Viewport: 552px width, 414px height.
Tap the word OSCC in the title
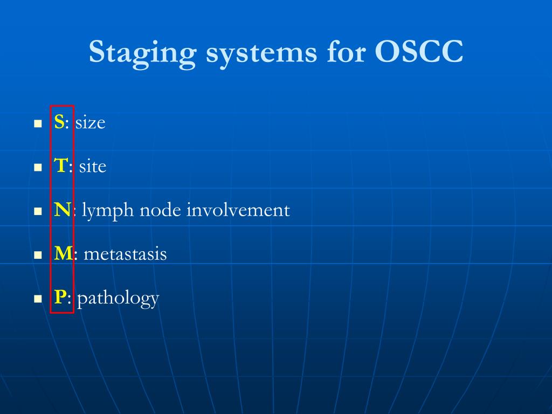(419, 53)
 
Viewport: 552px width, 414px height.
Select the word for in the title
(346, 53)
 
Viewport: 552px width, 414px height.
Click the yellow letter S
(59, 122)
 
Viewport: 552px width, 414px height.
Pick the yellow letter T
(60, 166)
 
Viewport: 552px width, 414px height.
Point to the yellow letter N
(61, 210)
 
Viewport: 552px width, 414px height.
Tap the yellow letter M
(63, 253)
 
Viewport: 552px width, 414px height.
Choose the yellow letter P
(60, 297)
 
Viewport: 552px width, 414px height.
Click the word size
(90, 123)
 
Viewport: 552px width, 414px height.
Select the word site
(93, 167)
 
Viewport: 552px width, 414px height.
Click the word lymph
(108, 211)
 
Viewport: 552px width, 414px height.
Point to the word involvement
(238, 210)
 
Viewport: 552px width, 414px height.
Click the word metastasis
(125, 254)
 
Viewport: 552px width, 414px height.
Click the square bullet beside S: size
(38, 124)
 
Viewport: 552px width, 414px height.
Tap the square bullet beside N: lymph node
(38, 211)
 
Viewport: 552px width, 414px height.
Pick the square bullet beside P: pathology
(38, 299)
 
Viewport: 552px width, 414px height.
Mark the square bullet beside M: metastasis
(38, 255)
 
